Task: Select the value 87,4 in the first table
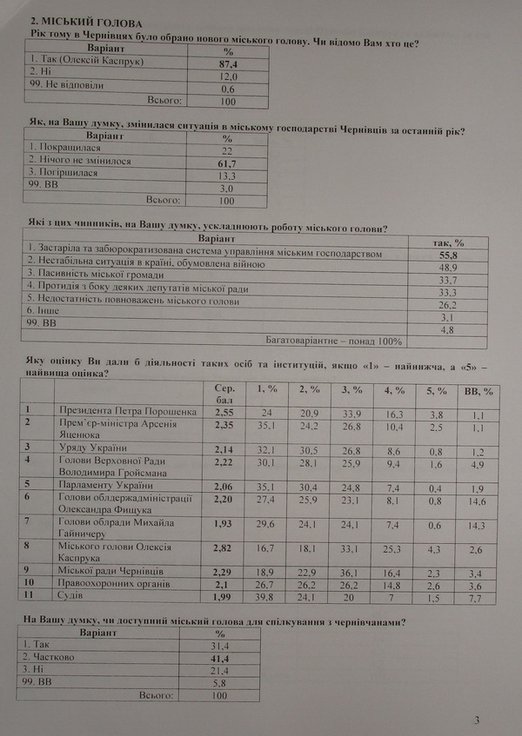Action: (229, 64)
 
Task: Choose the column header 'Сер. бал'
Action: (224, 392)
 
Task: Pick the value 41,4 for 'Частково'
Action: (217, 660)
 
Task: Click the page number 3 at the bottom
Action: (477, 719)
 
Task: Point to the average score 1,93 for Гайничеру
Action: (224, 526)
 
